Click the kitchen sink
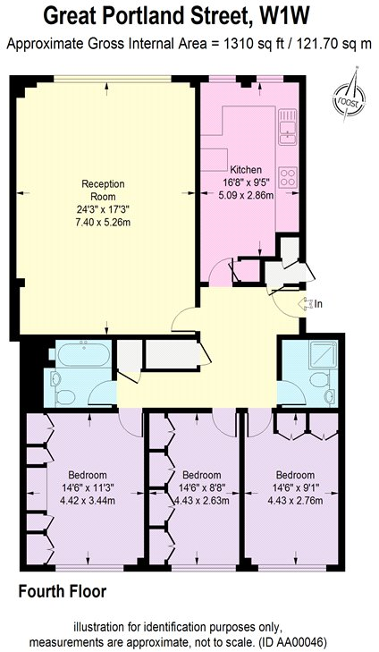tap(288, 129)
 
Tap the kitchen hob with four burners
tap(288, 175)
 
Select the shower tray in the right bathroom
tap(316, 356)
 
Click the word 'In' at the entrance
tap(317, 304)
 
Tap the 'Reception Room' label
tap(103, 190)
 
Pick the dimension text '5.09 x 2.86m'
tap(247, 194)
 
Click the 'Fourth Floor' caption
tap(63, 591)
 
